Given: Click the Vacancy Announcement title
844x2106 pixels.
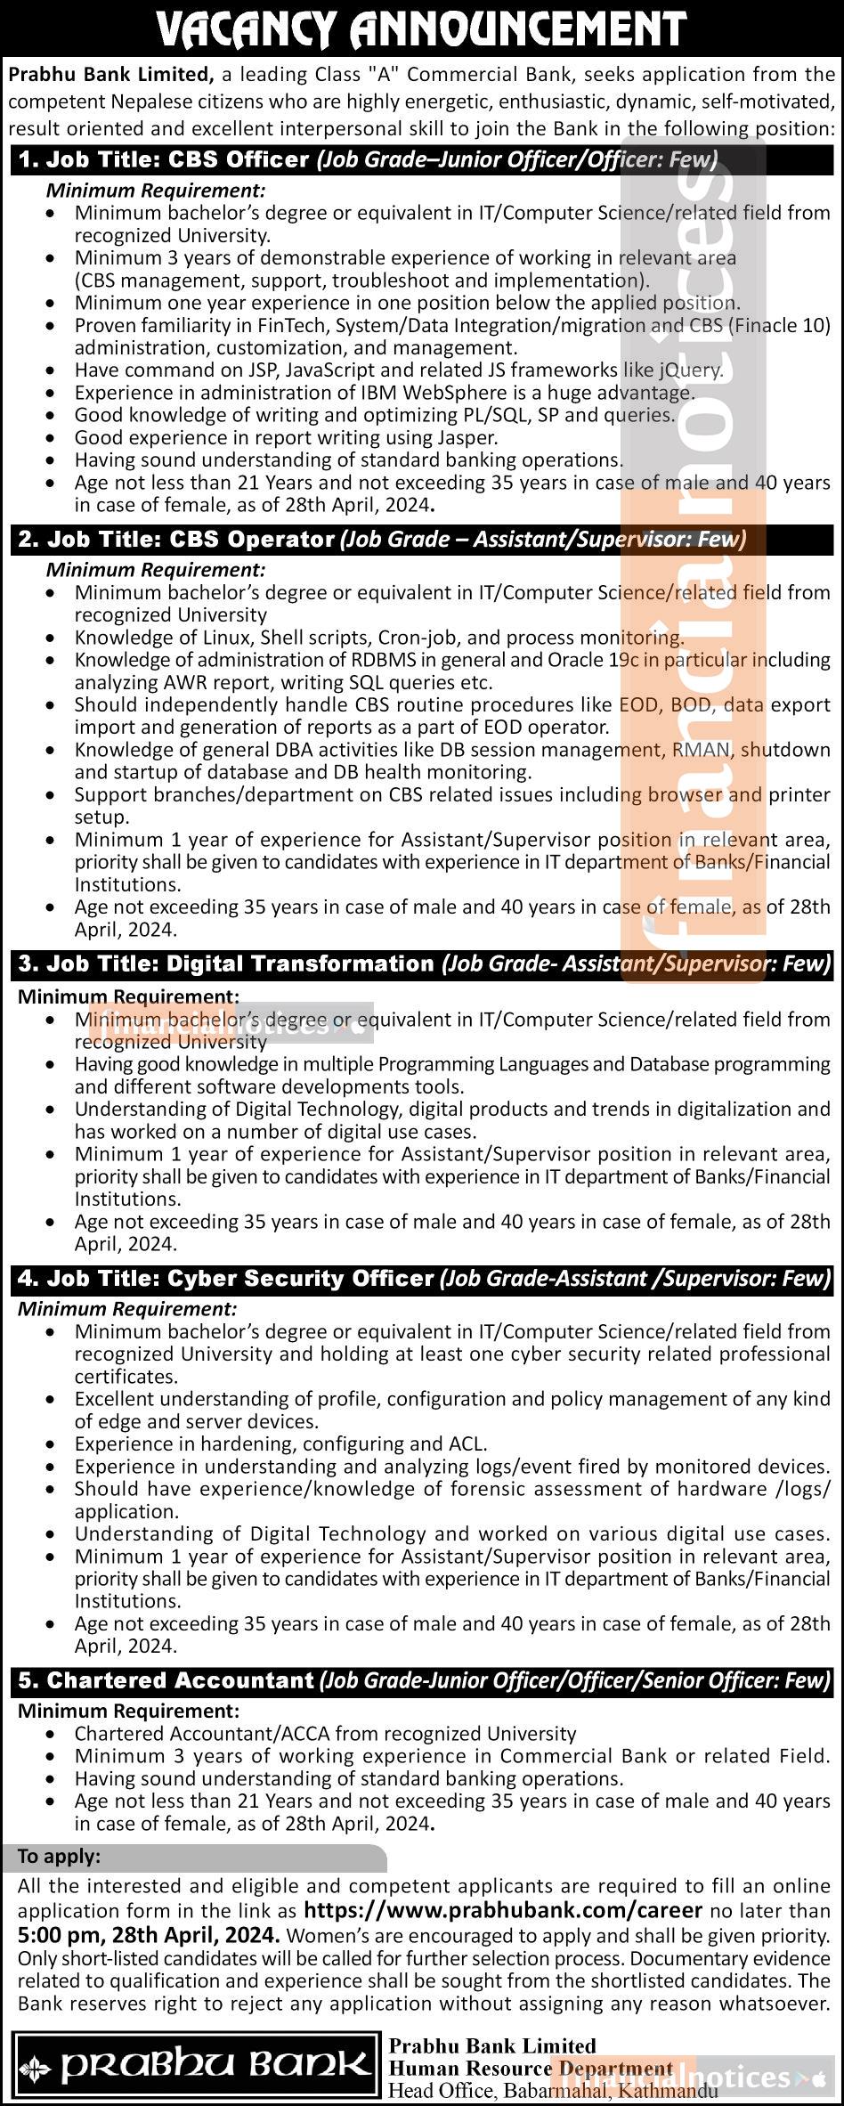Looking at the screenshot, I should [421, 30].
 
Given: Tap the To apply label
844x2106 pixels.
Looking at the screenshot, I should [60, 1857].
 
